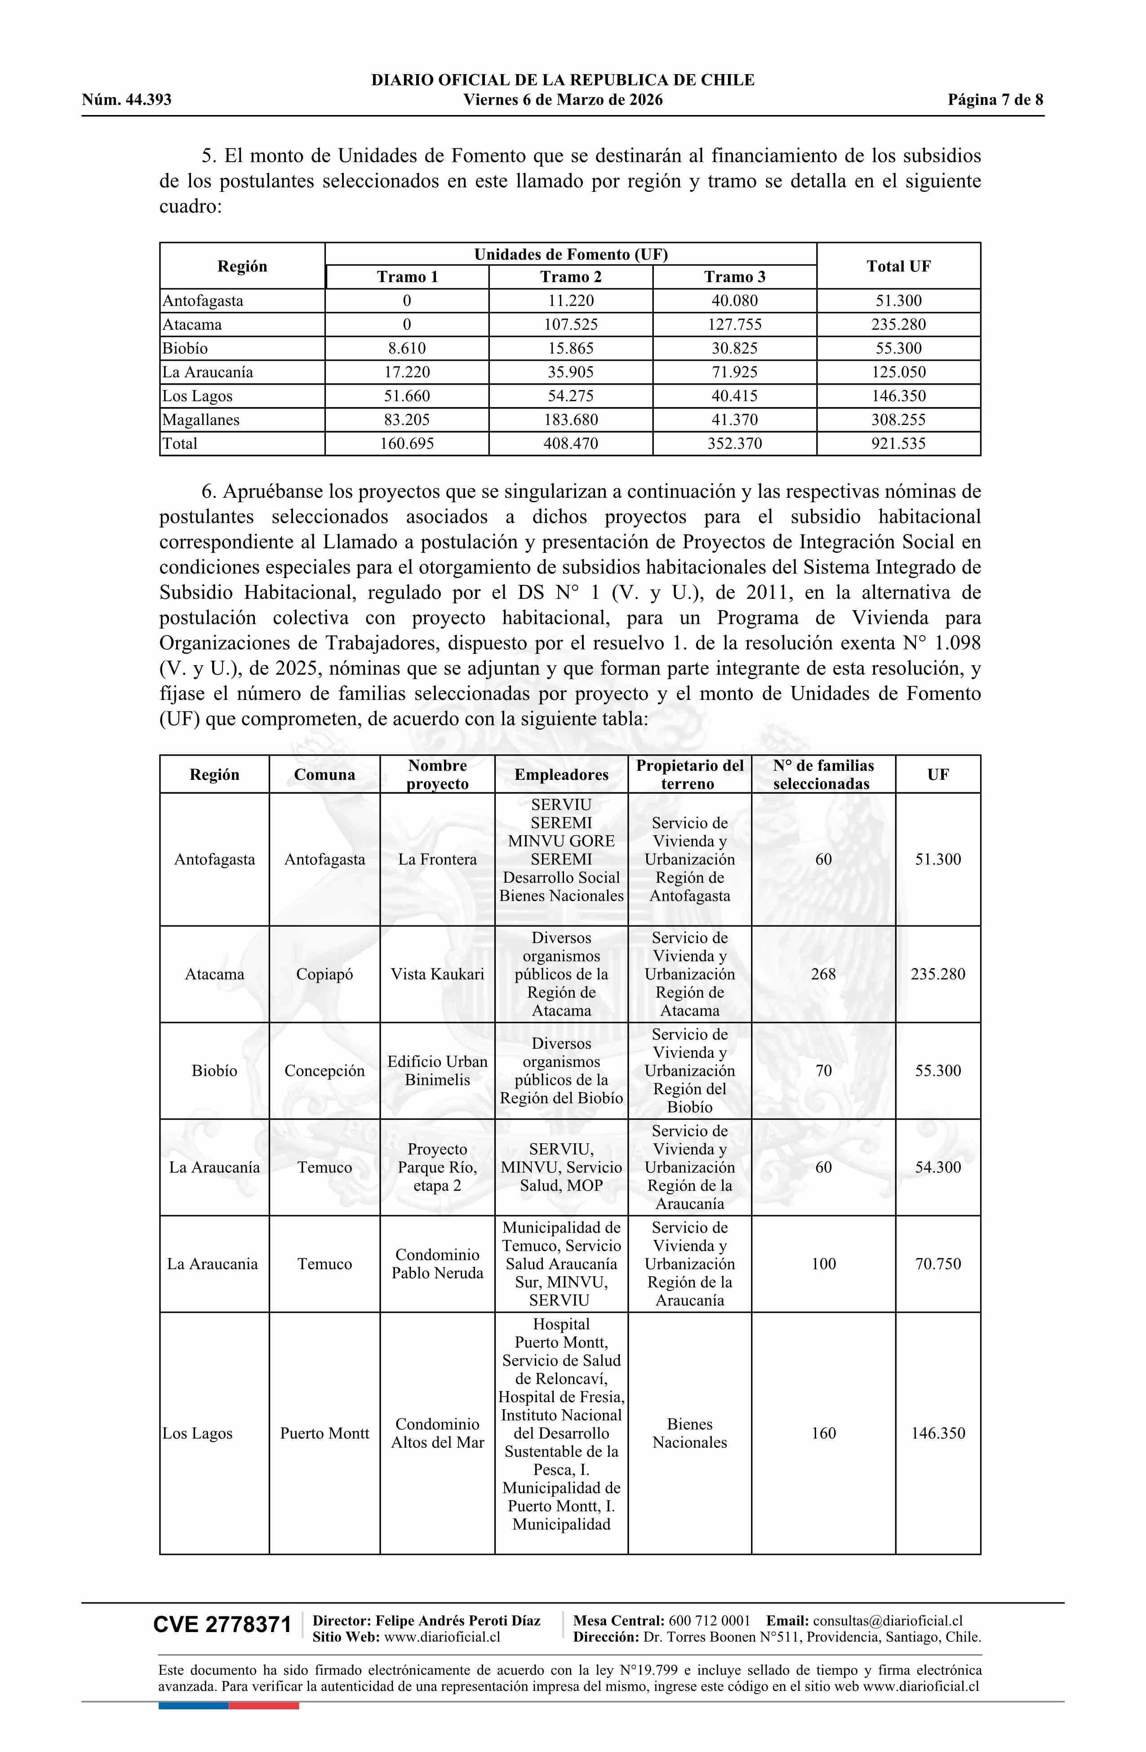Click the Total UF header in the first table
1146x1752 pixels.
point(898,266)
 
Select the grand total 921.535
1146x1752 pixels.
point(898,444)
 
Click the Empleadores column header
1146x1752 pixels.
point(561,774)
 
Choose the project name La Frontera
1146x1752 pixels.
point(437,859)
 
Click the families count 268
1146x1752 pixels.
point(823,974)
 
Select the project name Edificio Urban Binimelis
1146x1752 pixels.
point(437,1071)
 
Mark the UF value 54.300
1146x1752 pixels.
point(937,1168)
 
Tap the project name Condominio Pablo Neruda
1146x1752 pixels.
point(437,1264)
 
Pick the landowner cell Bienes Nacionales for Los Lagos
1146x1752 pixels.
point(689,1433)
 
